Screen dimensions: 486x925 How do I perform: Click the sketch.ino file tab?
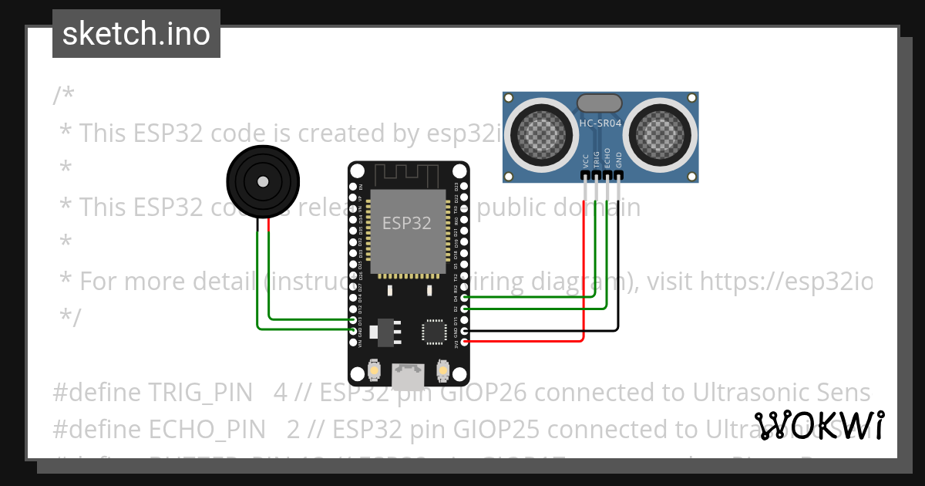click(136, 34)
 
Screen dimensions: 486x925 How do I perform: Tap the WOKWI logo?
click(819, 426)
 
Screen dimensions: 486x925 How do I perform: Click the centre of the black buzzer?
click(263, 182)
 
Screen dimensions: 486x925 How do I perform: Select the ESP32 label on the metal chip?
click(407, 223)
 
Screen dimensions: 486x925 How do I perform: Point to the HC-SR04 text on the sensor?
click(600, 123)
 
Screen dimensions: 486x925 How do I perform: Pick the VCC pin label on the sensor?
click(586, 160)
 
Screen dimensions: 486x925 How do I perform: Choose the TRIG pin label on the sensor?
click(597, 158)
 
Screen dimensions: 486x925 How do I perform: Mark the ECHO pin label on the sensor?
click(607, 158)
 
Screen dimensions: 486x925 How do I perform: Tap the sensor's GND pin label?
click(618, 160)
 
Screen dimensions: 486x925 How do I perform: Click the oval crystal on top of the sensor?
click(599, 103)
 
